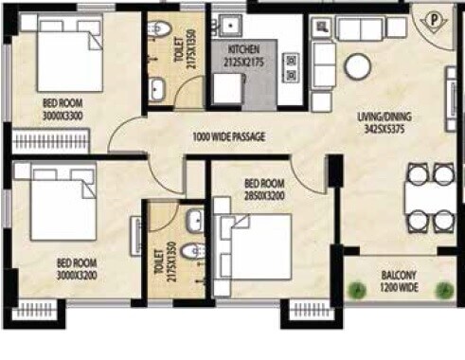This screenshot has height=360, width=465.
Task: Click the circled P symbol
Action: pos(432,18)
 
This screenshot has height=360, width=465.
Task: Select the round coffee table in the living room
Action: pos(357,65)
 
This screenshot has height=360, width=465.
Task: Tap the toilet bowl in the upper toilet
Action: pos(160,26)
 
